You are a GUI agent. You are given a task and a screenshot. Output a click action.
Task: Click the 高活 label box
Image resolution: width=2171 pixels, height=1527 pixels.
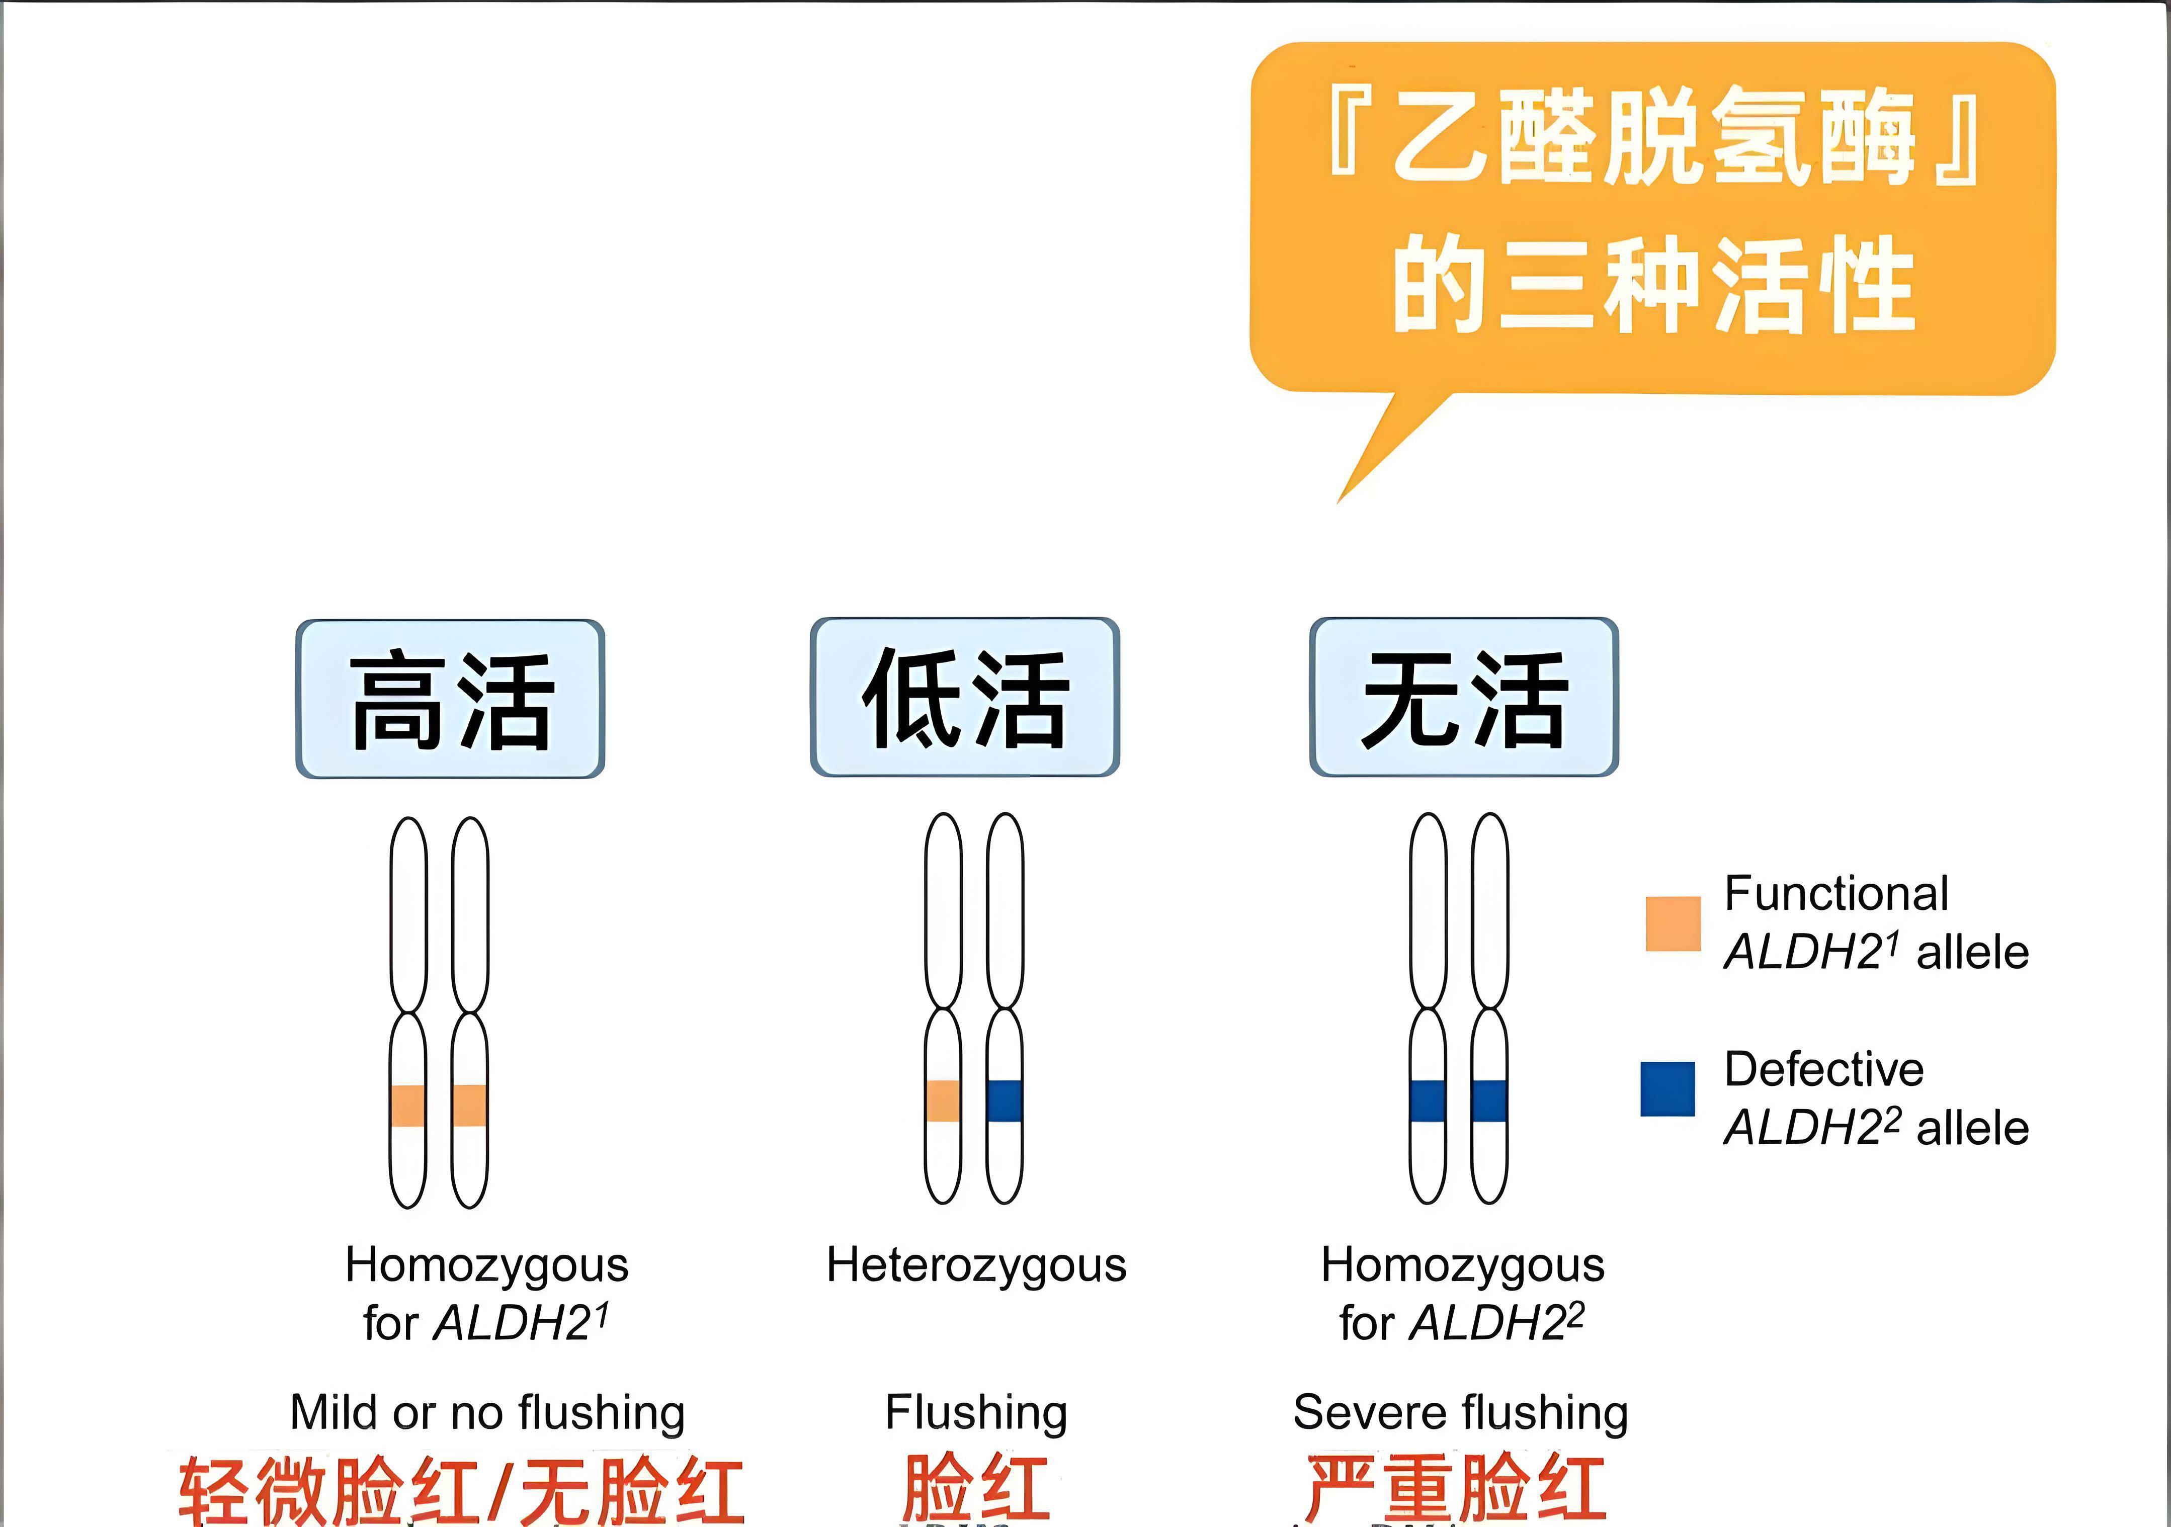tap(450, 700)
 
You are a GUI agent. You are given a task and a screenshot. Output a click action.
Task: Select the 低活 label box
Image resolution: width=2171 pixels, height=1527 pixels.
tap(964, 698)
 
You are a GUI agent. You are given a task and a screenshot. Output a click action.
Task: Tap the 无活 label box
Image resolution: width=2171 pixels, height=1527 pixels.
tap(1464, 698)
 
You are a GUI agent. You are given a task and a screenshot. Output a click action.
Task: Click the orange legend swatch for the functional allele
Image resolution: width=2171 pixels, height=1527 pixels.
tap(1673, 923)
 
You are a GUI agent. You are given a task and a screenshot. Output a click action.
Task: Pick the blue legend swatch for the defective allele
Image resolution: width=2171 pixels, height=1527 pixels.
tap(1667, 1089)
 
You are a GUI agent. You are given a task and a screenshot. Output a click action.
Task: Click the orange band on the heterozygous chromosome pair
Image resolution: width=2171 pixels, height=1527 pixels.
tap(943, 1100)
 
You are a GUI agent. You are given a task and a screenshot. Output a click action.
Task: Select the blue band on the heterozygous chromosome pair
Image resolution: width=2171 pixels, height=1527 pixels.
tap(1004, 1100)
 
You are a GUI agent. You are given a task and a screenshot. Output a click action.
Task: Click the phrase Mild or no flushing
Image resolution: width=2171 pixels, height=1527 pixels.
tap(487, 1413)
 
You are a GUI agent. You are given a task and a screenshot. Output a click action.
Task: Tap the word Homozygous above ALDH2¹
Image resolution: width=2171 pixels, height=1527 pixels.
tap(487, 1265)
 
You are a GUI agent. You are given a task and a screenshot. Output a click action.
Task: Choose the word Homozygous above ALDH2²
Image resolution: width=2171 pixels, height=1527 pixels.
tap(1463, 1265)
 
